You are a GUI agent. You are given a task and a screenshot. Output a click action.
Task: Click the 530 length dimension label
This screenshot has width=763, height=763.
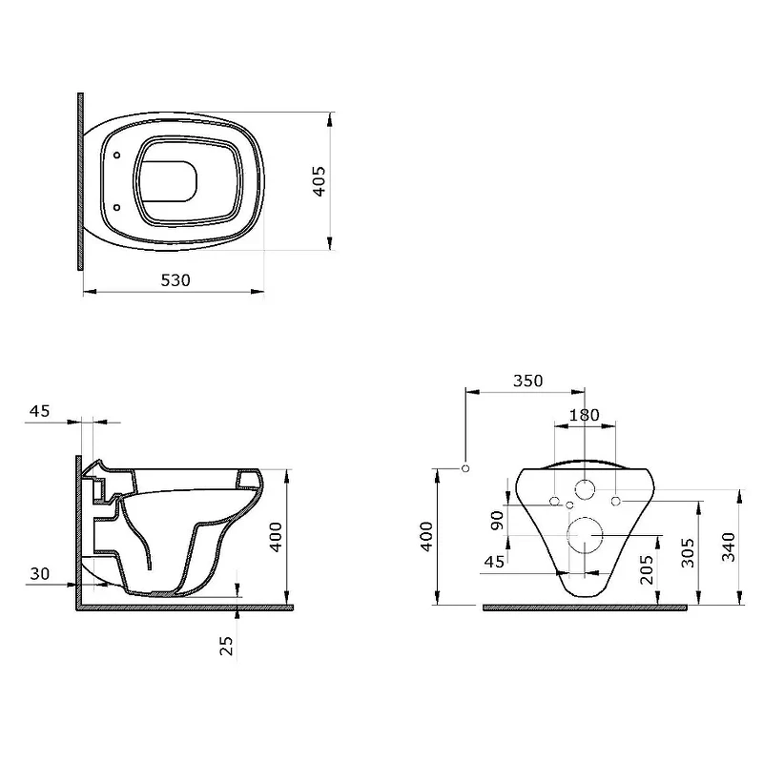(175, 280)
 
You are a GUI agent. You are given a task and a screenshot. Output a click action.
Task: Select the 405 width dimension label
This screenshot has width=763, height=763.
(320, 181)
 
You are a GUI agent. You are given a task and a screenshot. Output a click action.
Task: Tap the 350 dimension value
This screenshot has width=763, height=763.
(528, 381)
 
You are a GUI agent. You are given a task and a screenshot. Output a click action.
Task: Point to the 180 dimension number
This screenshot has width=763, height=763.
(585, 415)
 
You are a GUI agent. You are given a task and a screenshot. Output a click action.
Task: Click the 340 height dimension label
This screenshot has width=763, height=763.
(728, 546)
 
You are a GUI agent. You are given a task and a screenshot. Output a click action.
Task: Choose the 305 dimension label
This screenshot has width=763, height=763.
(688, 552)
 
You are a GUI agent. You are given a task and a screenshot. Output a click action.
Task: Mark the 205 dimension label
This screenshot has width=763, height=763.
(647, 569)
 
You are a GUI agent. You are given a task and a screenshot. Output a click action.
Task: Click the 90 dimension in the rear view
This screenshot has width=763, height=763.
(497, 521)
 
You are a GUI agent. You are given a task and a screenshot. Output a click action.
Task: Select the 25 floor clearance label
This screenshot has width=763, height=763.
(226, 646)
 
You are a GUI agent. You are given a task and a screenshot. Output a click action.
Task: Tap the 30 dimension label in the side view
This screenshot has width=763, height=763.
(39, 574)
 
